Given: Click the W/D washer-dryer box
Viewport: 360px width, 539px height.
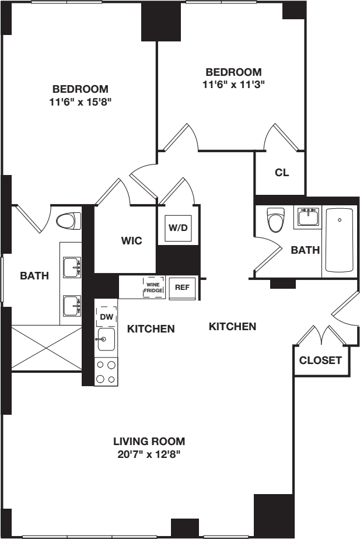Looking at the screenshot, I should (178, 228).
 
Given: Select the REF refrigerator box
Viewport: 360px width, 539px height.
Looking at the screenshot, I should (181, 287).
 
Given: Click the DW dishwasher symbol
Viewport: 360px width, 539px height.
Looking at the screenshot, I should (106, 316).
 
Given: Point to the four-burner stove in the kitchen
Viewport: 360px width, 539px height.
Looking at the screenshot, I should (106, 371).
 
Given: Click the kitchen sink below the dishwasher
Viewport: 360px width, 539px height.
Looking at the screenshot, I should (106, 339).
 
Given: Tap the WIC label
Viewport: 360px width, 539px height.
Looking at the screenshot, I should (132, 240).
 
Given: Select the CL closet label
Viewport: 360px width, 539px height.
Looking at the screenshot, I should (282, 173).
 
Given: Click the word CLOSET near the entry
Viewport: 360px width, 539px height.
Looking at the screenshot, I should (320, 360).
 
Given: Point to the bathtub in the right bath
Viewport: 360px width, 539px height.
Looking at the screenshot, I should (339, 241).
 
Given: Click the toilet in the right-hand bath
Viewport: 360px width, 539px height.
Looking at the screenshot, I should (274, 220).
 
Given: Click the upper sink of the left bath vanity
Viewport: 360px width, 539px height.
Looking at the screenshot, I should (71, 267).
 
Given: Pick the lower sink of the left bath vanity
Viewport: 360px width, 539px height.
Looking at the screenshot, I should (71, 304).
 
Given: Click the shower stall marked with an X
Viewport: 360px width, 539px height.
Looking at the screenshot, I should (47, 348).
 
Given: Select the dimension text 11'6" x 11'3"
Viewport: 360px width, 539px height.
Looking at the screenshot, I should (233, 84).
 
